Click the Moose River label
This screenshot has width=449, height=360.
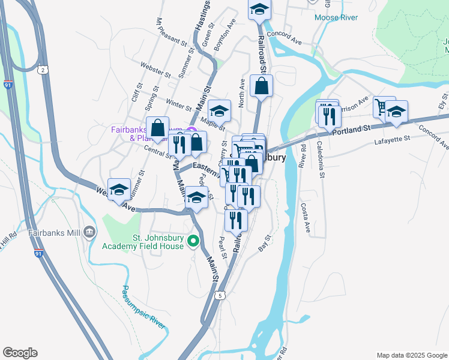pyautogui.click(x=336, y=17)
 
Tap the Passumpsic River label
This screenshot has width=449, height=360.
pyautogui.click(x=143, y=307)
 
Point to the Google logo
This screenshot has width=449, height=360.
pyautogui.click(x=20, y=353)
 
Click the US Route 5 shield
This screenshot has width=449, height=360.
pyautogui.click(x=221, y=295)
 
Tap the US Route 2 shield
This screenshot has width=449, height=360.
pyautogui.click(x=43, y=70)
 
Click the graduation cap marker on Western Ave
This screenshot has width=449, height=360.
pyautogui.click(x=119, y=189)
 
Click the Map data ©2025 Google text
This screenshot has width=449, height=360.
pyautogui.click(x=412, y=355)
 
